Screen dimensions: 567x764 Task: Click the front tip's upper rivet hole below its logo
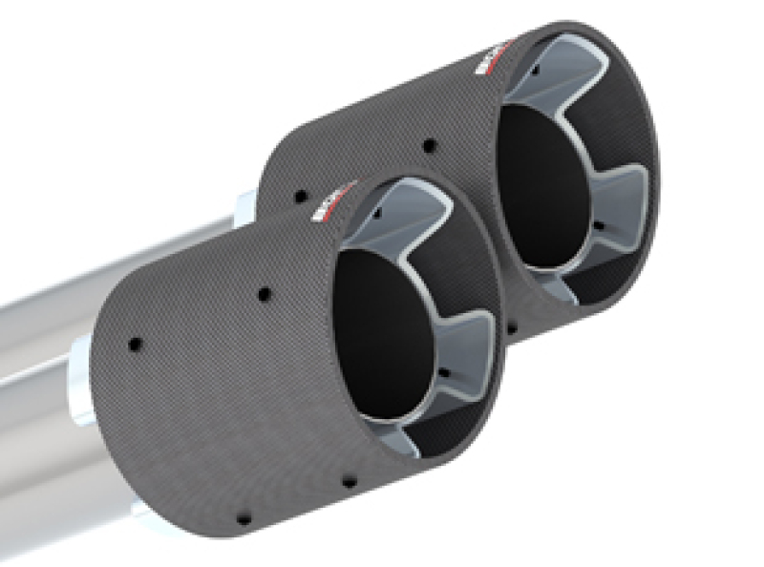264,295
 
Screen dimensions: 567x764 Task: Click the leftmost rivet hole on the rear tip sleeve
301,196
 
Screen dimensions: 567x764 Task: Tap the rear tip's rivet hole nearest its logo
429,146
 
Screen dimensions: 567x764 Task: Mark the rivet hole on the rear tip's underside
513,329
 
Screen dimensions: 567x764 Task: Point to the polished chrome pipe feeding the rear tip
115,277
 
